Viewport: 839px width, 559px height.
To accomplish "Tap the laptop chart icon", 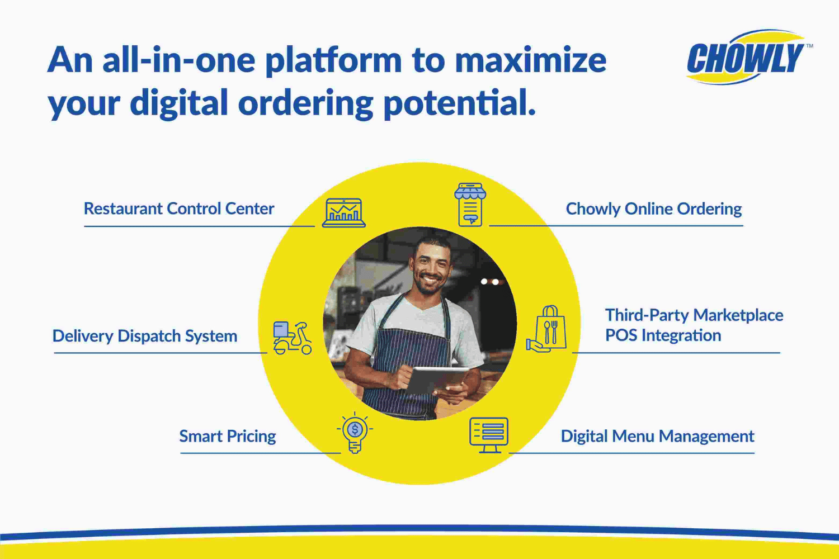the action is (344, 212).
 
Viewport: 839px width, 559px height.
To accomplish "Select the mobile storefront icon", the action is (470, 205).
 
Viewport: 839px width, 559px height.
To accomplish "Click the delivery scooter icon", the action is (292, 338).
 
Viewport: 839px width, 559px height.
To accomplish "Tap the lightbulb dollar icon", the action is (355, 433).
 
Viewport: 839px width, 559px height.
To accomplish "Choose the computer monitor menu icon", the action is (489, 435).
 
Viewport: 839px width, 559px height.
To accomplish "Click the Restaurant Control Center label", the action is (178, 209).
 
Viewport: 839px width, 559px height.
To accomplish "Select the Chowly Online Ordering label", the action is (654, 209).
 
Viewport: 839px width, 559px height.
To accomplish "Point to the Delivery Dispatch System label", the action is (144, 336).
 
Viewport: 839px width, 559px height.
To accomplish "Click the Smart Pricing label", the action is (227, 436).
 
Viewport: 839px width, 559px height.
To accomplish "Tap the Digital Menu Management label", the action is (657, 437).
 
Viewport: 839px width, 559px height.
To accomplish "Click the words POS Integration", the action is (663, 335).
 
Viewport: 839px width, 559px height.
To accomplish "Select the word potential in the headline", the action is (460, 103).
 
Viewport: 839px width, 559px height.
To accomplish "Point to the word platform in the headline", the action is (333, 61).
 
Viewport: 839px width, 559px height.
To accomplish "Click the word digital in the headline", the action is (178, 103).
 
